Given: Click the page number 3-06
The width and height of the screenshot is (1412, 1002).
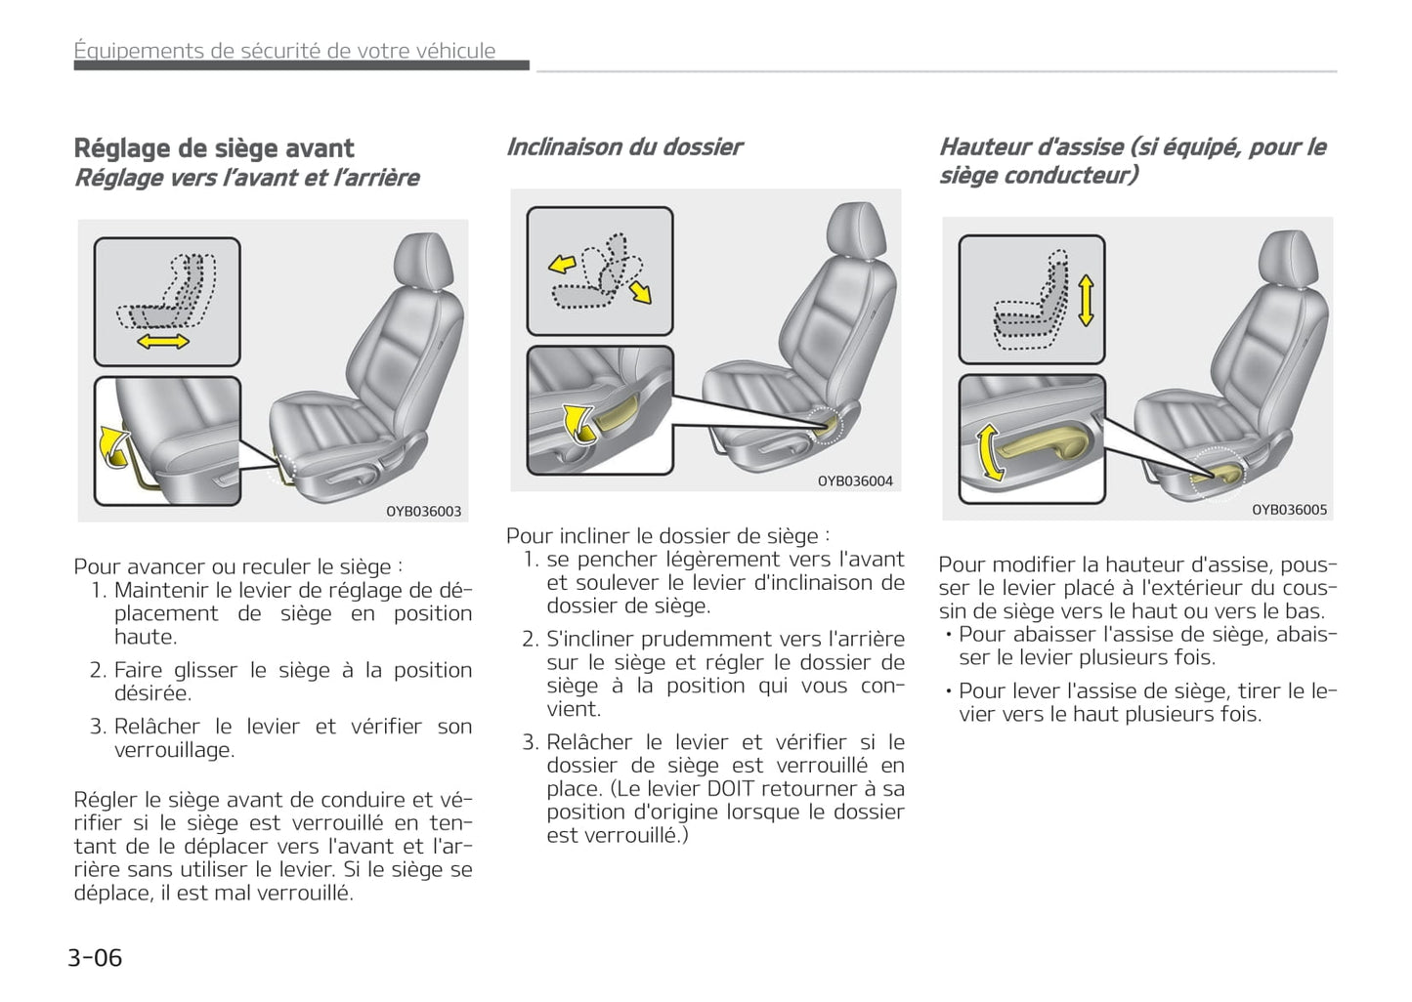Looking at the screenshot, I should [95, 957].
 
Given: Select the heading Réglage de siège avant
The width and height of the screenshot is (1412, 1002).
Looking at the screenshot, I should [214, 148].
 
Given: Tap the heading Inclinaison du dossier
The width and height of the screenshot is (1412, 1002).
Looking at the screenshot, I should [624, 147].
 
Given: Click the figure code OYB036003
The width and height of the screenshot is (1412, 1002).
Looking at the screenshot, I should [423, 511].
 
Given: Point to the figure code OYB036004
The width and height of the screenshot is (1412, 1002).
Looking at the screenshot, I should [855, 480].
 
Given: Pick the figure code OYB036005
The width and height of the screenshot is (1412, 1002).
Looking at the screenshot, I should [1289, 509].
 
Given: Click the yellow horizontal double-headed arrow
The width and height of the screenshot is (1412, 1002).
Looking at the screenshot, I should [163, 341].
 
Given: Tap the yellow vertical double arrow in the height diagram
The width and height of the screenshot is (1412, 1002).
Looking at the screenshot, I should [1085, 301].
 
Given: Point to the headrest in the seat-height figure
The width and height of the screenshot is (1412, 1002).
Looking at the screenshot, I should [1292, 259].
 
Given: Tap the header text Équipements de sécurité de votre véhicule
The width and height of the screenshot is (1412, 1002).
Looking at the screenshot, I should [285, 51].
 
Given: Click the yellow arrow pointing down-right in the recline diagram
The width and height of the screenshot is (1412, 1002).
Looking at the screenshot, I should [641, 291].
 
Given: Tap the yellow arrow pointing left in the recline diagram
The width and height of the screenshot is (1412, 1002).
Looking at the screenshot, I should [561, 264].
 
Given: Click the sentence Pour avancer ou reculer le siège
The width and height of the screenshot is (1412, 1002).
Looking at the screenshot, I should [237, 566].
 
